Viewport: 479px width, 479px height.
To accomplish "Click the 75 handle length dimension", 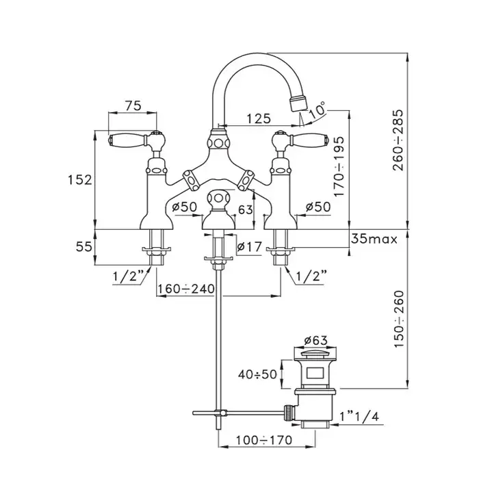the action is coord(133,105).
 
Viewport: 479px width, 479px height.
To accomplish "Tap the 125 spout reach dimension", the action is coord(259,118).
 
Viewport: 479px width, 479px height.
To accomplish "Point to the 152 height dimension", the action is coord(80,179).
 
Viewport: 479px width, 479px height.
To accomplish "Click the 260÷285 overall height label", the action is coord(398,140).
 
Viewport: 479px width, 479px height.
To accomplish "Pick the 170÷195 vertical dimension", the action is coord(339,167).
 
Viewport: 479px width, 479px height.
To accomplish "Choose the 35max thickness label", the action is coord(374,239).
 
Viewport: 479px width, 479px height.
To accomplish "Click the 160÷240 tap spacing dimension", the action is coord(185,288).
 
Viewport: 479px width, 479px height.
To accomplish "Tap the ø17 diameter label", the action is coord(250,246).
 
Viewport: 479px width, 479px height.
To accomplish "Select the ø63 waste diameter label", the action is coord(315,340).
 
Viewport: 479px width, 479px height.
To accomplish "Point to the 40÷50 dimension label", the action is coord(257,374).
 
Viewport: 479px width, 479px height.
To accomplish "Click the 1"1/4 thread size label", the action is coord(359,416).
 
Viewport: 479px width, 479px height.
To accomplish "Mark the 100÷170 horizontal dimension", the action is coord(264,440).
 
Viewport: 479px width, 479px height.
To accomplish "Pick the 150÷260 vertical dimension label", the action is coord(399,320).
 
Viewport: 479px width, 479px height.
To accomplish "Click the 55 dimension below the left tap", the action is coord(83,246).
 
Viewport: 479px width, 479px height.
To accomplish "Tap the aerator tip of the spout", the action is coord(298,103).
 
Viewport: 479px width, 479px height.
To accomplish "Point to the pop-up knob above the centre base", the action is coord(218,199).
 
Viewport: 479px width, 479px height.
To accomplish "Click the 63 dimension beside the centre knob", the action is coord(245,209).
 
